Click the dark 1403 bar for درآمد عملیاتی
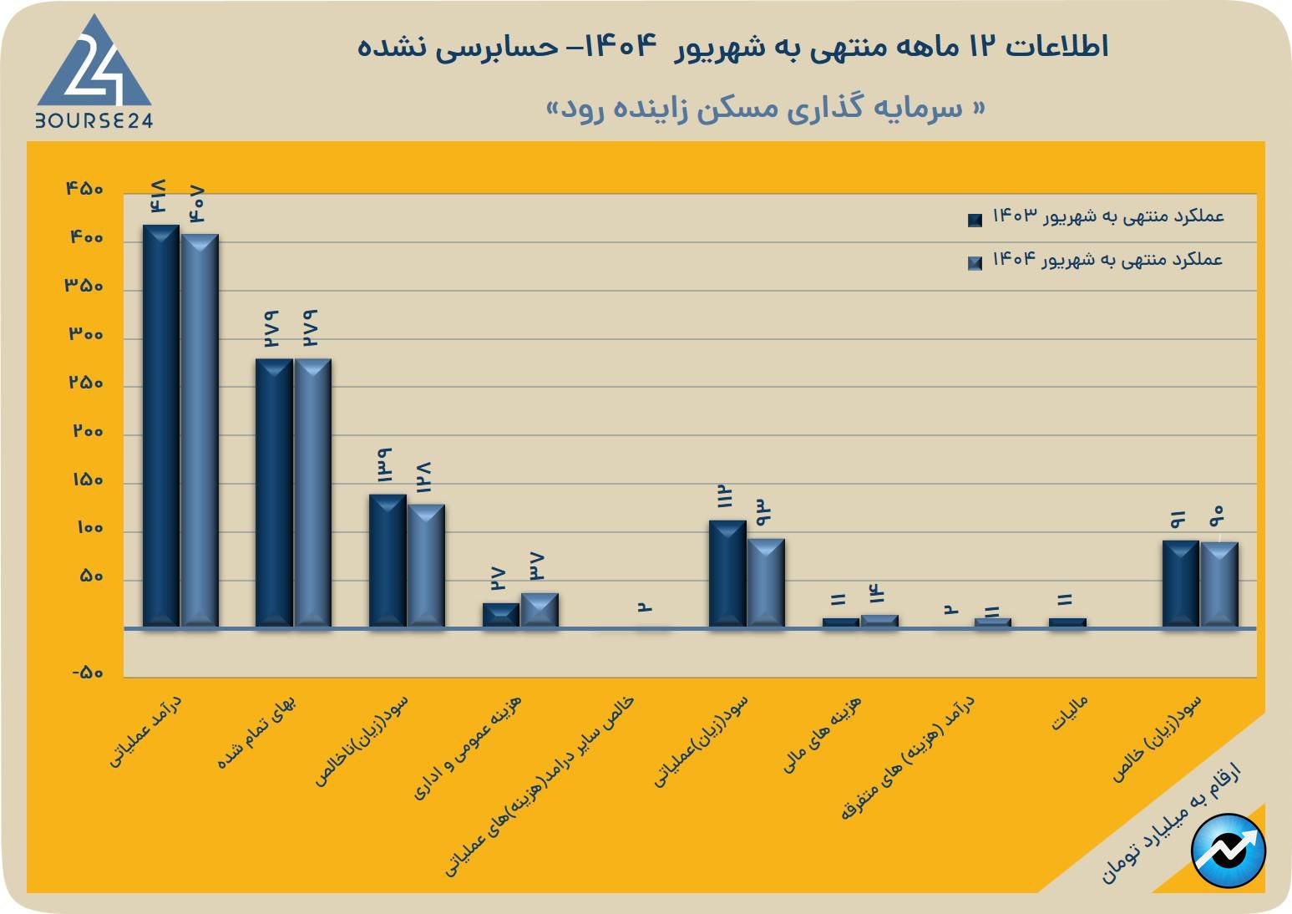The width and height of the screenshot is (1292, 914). coord(160,426)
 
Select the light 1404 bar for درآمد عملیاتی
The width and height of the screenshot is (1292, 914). coord(200,430)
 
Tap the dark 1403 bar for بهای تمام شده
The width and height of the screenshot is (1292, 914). coord(274,493)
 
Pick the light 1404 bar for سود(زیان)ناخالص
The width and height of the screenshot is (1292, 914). coord(426,566)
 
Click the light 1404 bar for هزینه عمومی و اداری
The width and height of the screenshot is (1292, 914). coord(540,610)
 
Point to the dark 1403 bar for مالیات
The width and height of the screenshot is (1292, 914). coord(1067,622)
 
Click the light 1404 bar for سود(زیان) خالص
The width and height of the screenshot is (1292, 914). coord(1219,584)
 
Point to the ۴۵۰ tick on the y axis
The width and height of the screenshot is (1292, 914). coord(84,190)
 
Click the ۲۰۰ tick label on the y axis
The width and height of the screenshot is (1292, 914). coord(88,432)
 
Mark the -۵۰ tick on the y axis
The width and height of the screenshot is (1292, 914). coord(86,673)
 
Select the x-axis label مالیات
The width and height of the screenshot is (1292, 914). coord(1069,713)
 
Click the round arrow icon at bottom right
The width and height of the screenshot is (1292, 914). coord(1229,851)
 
